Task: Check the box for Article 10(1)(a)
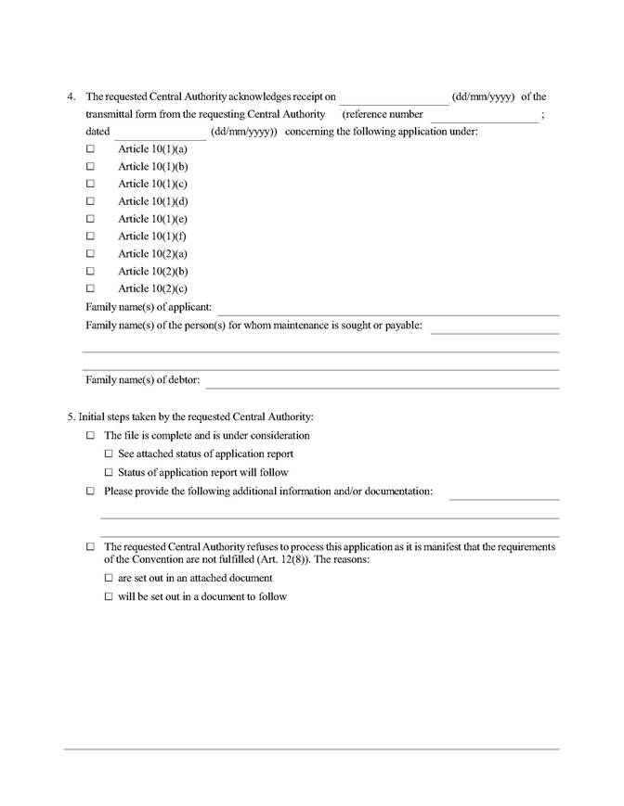[90, 149]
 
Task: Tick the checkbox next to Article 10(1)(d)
[90, 201]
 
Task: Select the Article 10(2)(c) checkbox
[90, 288]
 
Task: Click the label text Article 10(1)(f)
[152, 237]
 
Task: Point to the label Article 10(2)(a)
[152, 253]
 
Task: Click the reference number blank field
[484, 116]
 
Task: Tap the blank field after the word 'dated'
[159, 134]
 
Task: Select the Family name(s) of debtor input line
[382, 381]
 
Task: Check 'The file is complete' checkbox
[90, 436]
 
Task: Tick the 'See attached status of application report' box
[109, 454]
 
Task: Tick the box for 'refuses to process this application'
[90, 547]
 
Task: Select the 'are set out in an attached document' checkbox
[109, 578]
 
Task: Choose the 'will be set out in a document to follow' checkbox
[109, 597]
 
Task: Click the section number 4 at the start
[71, 96]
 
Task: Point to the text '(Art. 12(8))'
[282, 560]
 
